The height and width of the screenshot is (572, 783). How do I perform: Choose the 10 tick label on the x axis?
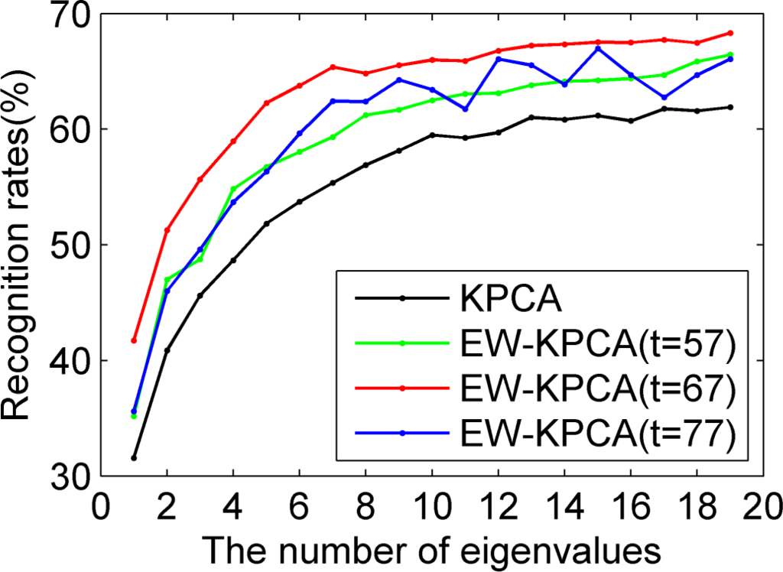click(432, 505)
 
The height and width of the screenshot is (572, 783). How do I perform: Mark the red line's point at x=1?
click(134, 340)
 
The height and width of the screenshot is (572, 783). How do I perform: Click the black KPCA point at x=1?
click(134, 458)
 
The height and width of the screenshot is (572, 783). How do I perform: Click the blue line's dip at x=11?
click(465, 109)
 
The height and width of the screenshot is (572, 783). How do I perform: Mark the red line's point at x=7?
click(333, 67)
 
